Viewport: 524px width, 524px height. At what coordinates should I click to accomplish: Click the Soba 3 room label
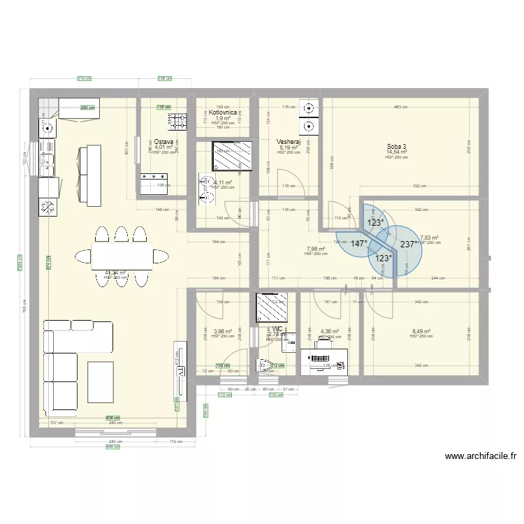coord(396,147)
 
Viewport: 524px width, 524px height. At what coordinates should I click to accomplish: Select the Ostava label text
coord(165,141)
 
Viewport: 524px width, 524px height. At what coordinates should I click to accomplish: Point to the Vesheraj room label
coord(288,141)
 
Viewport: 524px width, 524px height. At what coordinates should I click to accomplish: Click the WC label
coord(277,328)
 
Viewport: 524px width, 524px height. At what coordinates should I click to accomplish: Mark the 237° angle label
coord(409,245)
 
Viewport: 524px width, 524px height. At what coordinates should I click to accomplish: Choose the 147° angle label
coord(359,245)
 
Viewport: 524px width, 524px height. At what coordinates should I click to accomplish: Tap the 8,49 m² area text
coord(421,332)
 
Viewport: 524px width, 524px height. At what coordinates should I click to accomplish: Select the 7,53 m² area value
coord(428,238)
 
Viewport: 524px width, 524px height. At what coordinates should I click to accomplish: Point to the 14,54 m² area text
coord(396,152)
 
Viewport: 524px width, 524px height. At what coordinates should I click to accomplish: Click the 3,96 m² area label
coord(222,332)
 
